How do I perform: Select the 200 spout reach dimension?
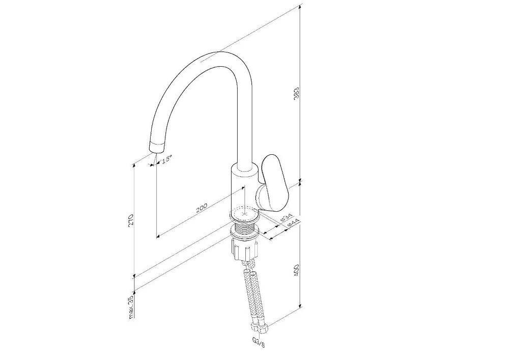[x=202, y=208]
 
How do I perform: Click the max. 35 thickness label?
[x=131, y=308]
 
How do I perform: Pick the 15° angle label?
[x=165, y=159]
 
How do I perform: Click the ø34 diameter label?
[x=286, y=217]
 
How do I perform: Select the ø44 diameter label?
[x=293, y=224]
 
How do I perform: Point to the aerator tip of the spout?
[x=157, y=147]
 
